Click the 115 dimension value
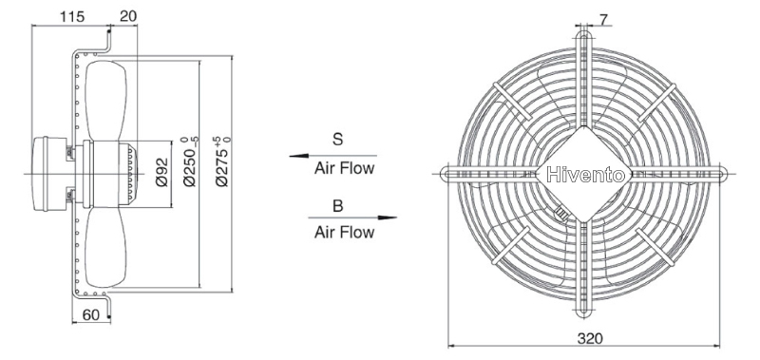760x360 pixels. click(72, 16)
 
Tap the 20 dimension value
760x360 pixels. click(128, 16)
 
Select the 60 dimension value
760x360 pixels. click(90, 315)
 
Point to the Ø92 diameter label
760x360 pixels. click(161, 172)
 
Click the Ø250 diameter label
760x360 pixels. click(191, 161)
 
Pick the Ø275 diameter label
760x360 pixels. click(222, 161)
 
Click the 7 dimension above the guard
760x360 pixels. click(603, 20)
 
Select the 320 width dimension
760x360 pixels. click(590, 338)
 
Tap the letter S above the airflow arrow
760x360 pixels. click(337, 140)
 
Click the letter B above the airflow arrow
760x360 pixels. click(338, 206)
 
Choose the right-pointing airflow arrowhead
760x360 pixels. click(388, 218)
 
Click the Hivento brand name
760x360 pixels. click(585, 175)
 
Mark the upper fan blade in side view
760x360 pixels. click(106, 101)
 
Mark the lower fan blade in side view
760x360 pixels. click(106, 247)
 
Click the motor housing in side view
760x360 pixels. click(49, 174)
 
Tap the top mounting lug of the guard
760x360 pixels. click(583, 40)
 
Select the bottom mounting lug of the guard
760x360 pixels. click(583, 309)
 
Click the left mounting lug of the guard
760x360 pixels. click(448, 174)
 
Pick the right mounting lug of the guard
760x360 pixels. click(719, 174)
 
